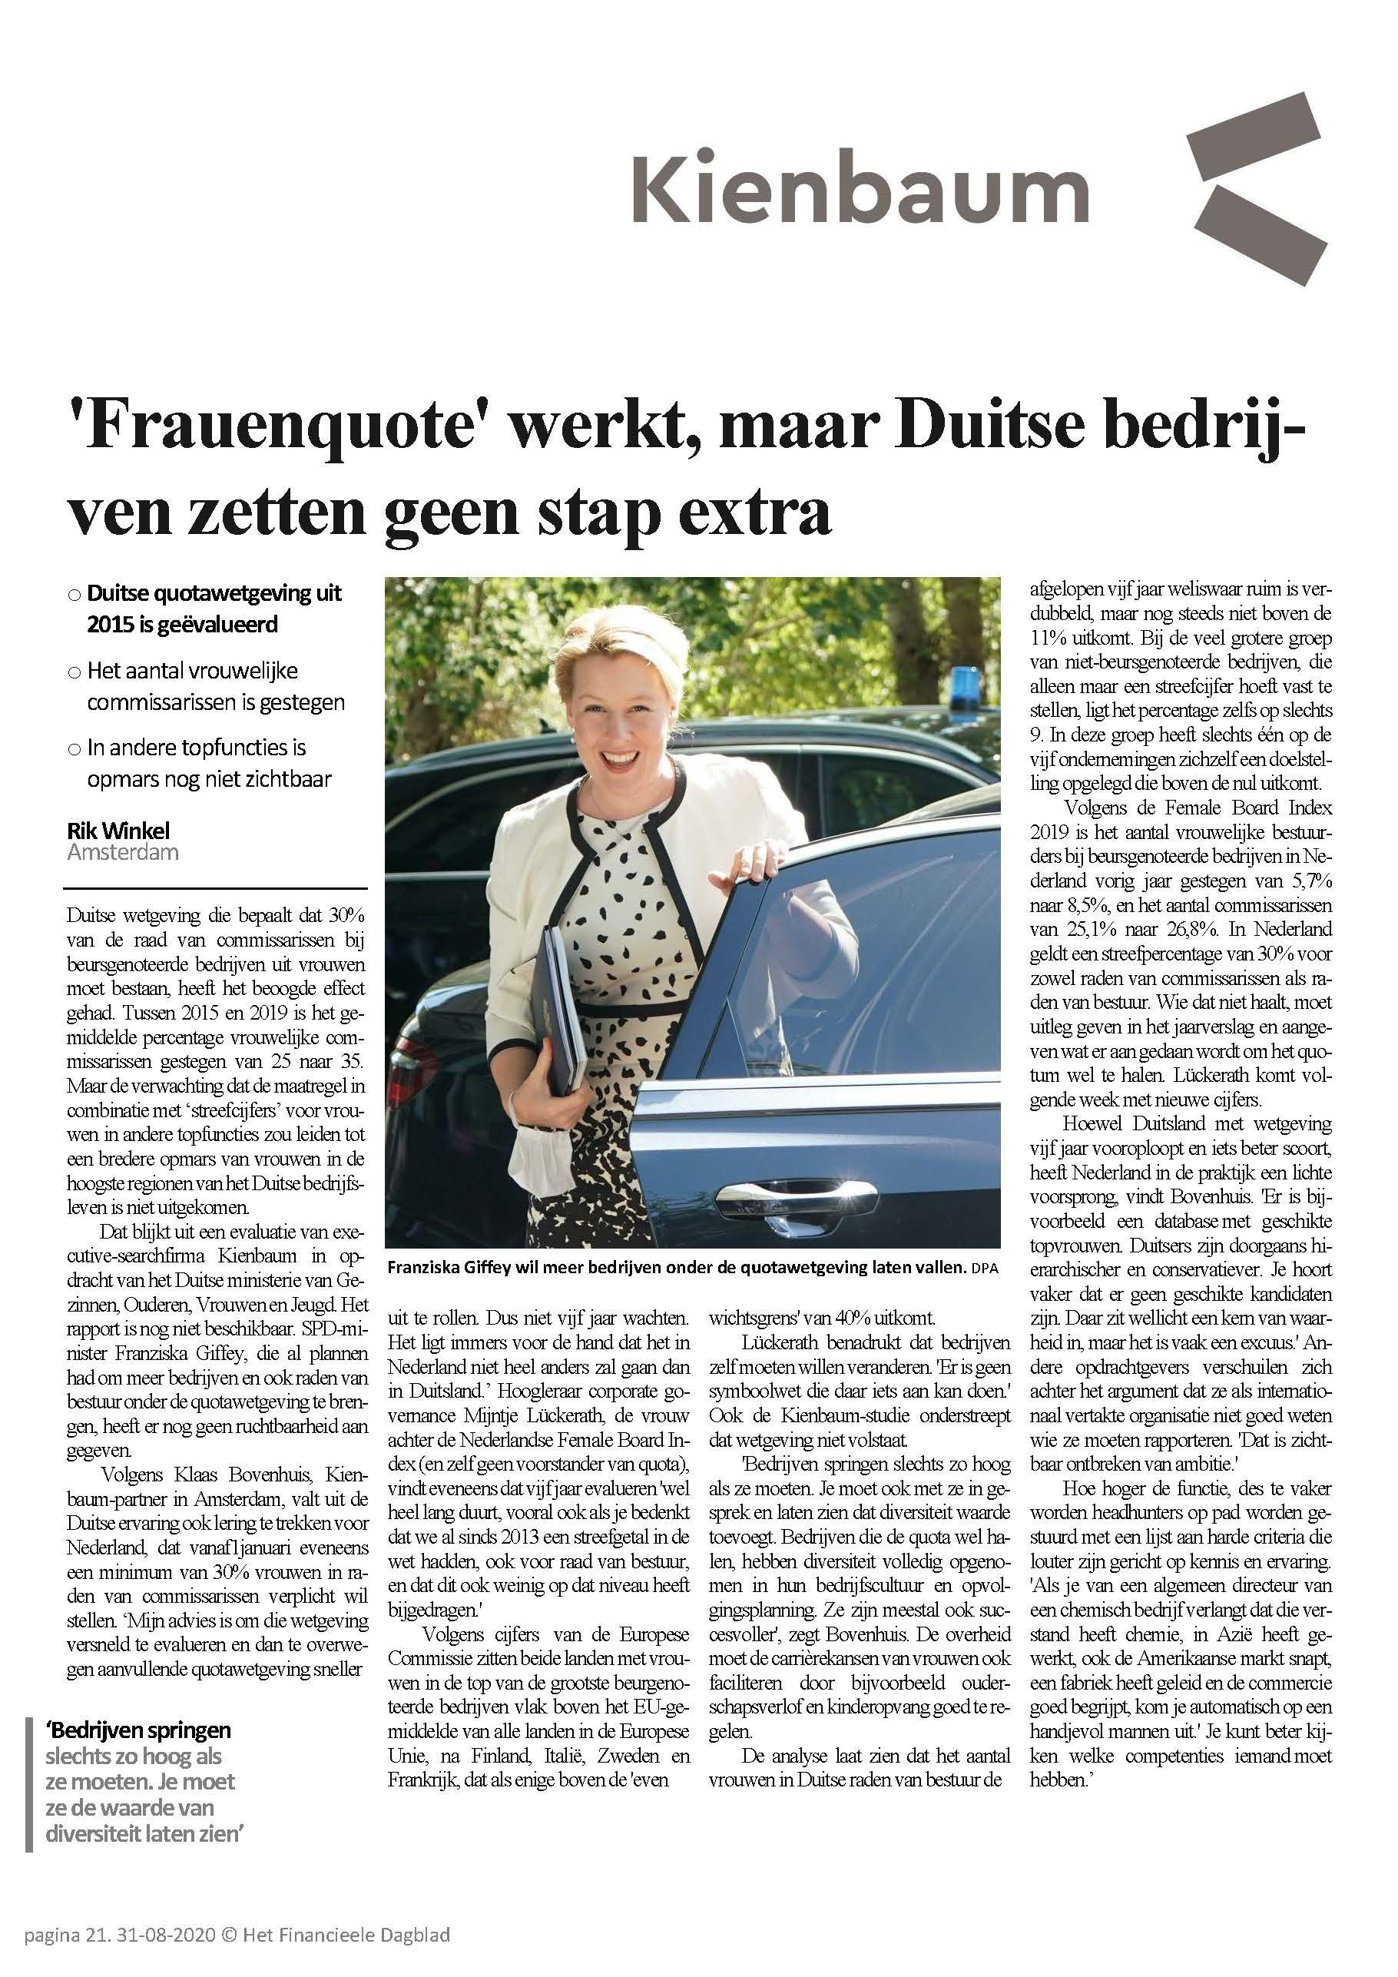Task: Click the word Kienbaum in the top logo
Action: coord(860,187)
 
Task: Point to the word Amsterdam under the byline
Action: coord(122,852)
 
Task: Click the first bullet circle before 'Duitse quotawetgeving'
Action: coord(74,595)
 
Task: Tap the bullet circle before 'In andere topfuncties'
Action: coord(74,749)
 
